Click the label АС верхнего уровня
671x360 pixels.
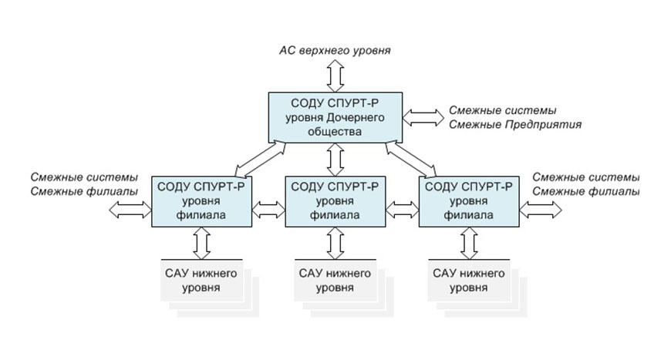click(335, 51)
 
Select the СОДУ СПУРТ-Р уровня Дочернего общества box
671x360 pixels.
click(335, 116)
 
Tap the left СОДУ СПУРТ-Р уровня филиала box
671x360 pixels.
click(202, 200)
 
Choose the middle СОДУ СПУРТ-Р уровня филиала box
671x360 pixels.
click(335, 200)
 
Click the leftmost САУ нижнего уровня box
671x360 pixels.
click(202, 281)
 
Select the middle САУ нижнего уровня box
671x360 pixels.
click(335, 281)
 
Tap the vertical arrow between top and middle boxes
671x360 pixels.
click(335, 159)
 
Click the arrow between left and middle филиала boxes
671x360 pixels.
click(268, 208)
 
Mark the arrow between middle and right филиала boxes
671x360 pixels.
click(401, 208)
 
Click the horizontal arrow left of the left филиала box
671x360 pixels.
click(132, 208)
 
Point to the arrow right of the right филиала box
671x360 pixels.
click(541, 208)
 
